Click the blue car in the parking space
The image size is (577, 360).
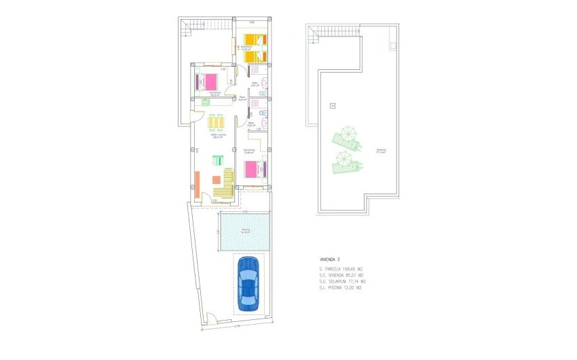point(248,283)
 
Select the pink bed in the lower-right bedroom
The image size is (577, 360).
point(253,168)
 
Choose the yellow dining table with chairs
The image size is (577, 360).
point(216,123)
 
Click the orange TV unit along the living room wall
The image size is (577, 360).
point(197,183)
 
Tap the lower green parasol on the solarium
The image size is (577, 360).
point(343,160)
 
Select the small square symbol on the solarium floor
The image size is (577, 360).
point(332,105)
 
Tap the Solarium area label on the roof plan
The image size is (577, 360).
point(381,151)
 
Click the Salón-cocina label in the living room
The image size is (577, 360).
point(217,135)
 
